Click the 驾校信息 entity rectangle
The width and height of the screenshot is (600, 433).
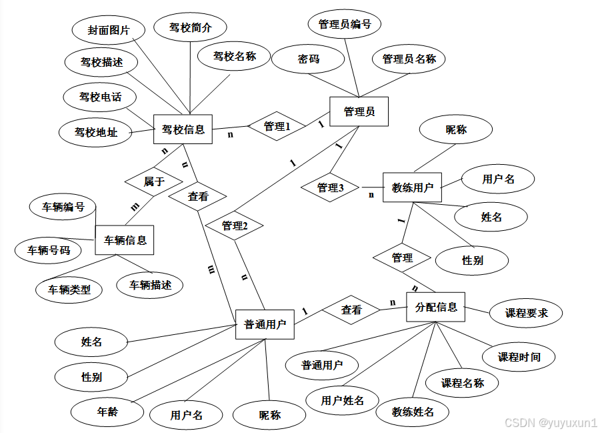pyautogui.click(x=183, y=129)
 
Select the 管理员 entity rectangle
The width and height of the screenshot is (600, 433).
pyautogui.click(x=359, y=111)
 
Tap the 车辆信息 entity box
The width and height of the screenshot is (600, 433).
pyautogui.click(x=125, y=240)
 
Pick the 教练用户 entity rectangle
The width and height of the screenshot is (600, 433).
pyautogui.click(x=412, y=187)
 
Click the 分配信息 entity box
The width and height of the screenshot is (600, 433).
pyautogui.click(x=436, y=307)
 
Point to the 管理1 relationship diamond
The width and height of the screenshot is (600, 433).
pyautogui.click(x=277, y=125)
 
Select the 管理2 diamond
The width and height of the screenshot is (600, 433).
pyautogui.click(x=235, y=226)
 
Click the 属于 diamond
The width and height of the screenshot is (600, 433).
pyautogui.click(x=154, y=181)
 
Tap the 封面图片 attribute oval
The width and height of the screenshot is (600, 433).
pyautogui.click(x=108, y=30)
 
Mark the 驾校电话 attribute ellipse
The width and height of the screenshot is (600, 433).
pyautogui.click(x=100, y=97)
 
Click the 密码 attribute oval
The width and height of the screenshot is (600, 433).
pyautogui.click(x=309, y=59)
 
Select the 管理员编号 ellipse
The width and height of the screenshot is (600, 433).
pyautogui.click(x=345, y=25)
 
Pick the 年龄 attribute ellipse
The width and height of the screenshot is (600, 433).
pyautogui.click(x=107, y=411)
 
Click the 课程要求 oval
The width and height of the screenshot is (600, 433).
pyautogui.click(x=526, y=312)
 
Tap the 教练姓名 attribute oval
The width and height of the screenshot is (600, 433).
pyautogui.click(x=413, y=412)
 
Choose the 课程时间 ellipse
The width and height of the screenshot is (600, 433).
pyautogui.click(x=519, y=357)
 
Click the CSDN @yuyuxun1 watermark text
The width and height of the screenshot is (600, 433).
pyautogui.click(x=551, y=423)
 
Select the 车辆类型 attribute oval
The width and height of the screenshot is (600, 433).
pyautogui.click(x=69, y=290)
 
